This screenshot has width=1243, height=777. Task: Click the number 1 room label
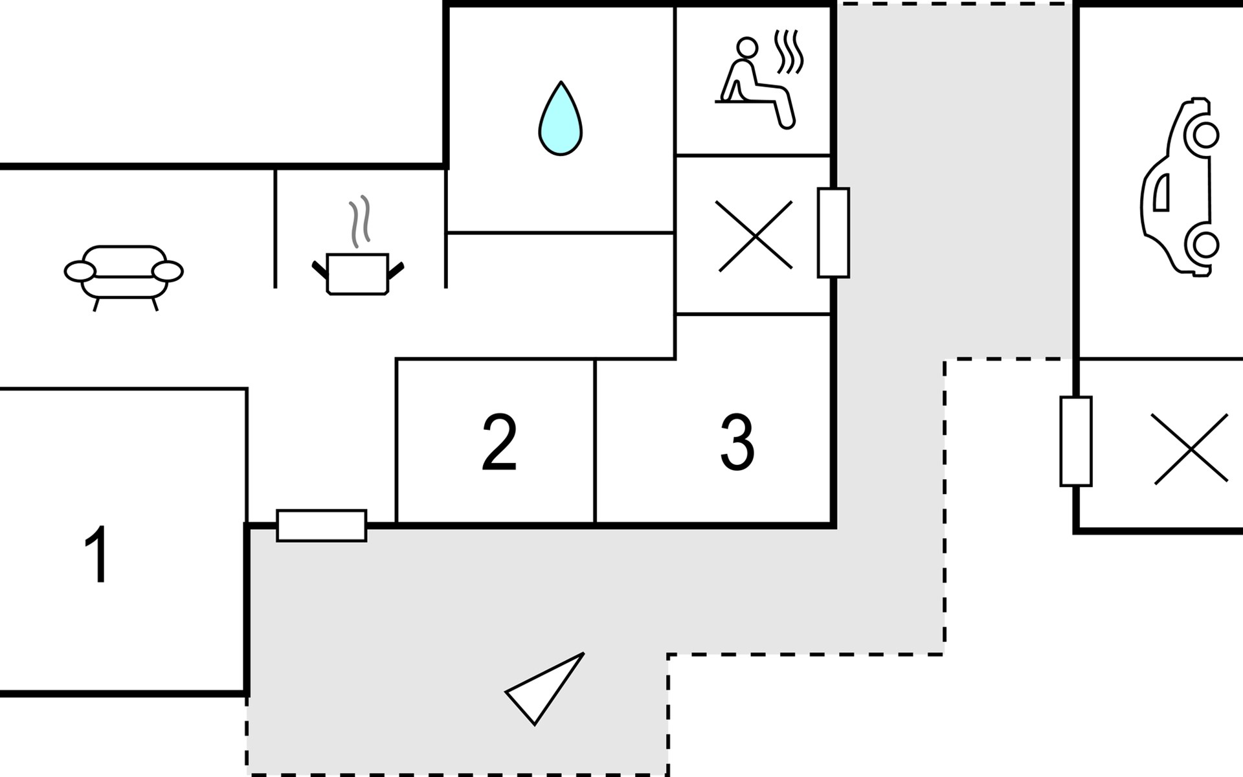click(98, 554)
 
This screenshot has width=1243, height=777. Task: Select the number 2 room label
click(499, 442)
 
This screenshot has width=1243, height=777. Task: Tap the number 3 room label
click(737, 442)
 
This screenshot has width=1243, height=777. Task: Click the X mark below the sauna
click(755, 236)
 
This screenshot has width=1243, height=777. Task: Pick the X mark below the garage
click(1191, 449)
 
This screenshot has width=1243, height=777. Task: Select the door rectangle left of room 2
click(322, 525)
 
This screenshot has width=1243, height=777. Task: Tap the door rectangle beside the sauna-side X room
click(833, 232)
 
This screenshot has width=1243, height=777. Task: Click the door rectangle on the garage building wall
click(1075, 441)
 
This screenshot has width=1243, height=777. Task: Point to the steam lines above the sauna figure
click(789, 52)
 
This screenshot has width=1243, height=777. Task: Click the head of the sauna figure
click(747, 47)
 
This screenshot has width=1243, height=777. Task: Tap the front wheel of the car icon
click(1205, 136)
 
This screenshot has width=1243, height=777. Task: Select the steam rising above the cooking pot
click(360, 220)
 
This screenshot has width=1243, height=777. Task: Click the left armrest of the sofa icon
click(80, 271)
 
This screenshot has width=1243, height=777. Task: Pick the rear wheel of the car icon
click(1205, 245)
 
